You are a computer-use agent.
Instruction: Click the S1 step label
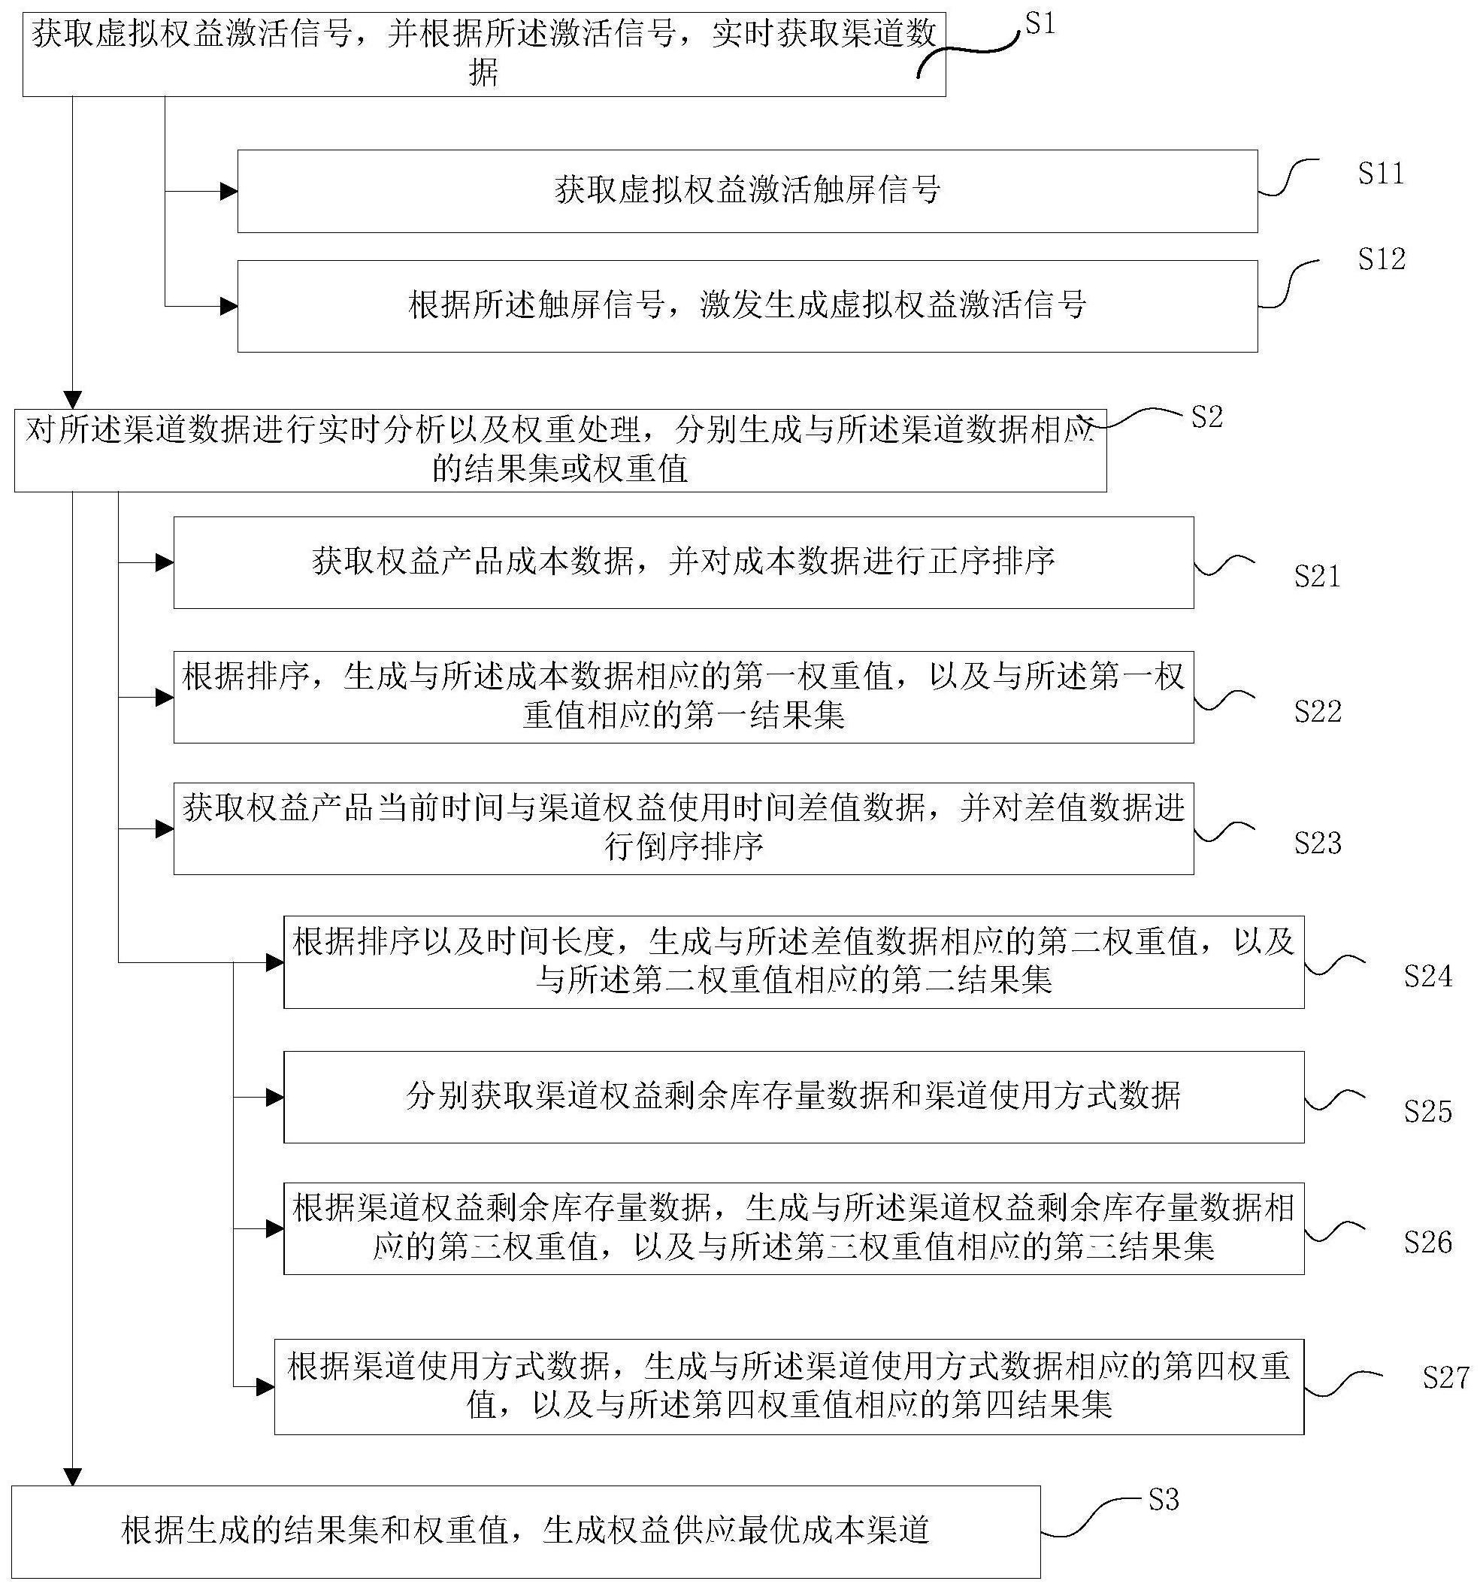pos(1040,25)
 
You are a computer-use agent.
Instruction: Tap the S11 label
pos(1381,174)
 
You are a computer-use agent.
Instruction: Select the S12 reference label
pos(1382,259)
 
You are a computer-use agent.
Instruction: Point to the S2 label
pos(1206,416)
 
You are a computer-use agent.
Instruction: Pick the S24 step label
pos(1428,977)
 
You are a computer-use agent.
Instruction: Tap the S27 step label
pos(1445,1377)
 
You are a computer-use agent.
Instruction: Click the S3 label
pos(1164,1501)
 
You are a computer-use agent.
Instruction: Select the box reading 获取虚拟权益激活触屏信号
pos(747,191)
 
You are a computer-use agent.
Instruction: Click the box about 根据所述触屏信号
pos(747,305)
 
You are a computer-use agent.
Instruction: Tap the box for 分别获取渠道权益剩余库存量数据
pos(793,1097)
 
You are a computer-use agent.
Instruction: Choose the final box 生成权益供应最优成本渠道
pos(525,1531)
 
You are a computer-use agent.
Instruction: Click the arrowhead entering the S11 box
pos(229,191)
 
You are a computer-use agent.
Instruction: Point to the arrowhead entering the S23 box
pos(165,828)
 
